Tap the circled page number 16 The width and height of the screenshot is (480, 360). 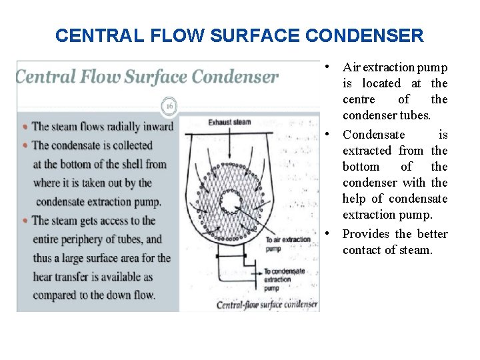click(x=169, y=105)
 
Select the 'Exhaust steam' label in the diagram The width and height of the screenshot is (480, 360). click(x=229, y=123)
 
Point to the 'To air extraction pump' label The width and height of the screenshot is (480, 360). click(x=287, y=243)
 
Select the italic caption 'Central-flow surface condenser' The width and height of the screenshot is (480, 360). click(x=267, y=305)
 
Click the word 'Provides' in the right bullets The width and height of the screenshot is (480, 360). click(x=365, y=234)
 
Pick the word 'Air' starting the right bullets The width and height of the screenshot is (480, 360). click(x=351, y=67)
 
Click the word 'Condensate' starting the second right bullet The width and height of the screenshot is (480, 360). click(x=373, y=135)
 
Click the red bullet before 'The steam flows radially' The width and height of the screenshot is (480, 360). click(x=25, y=127)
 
